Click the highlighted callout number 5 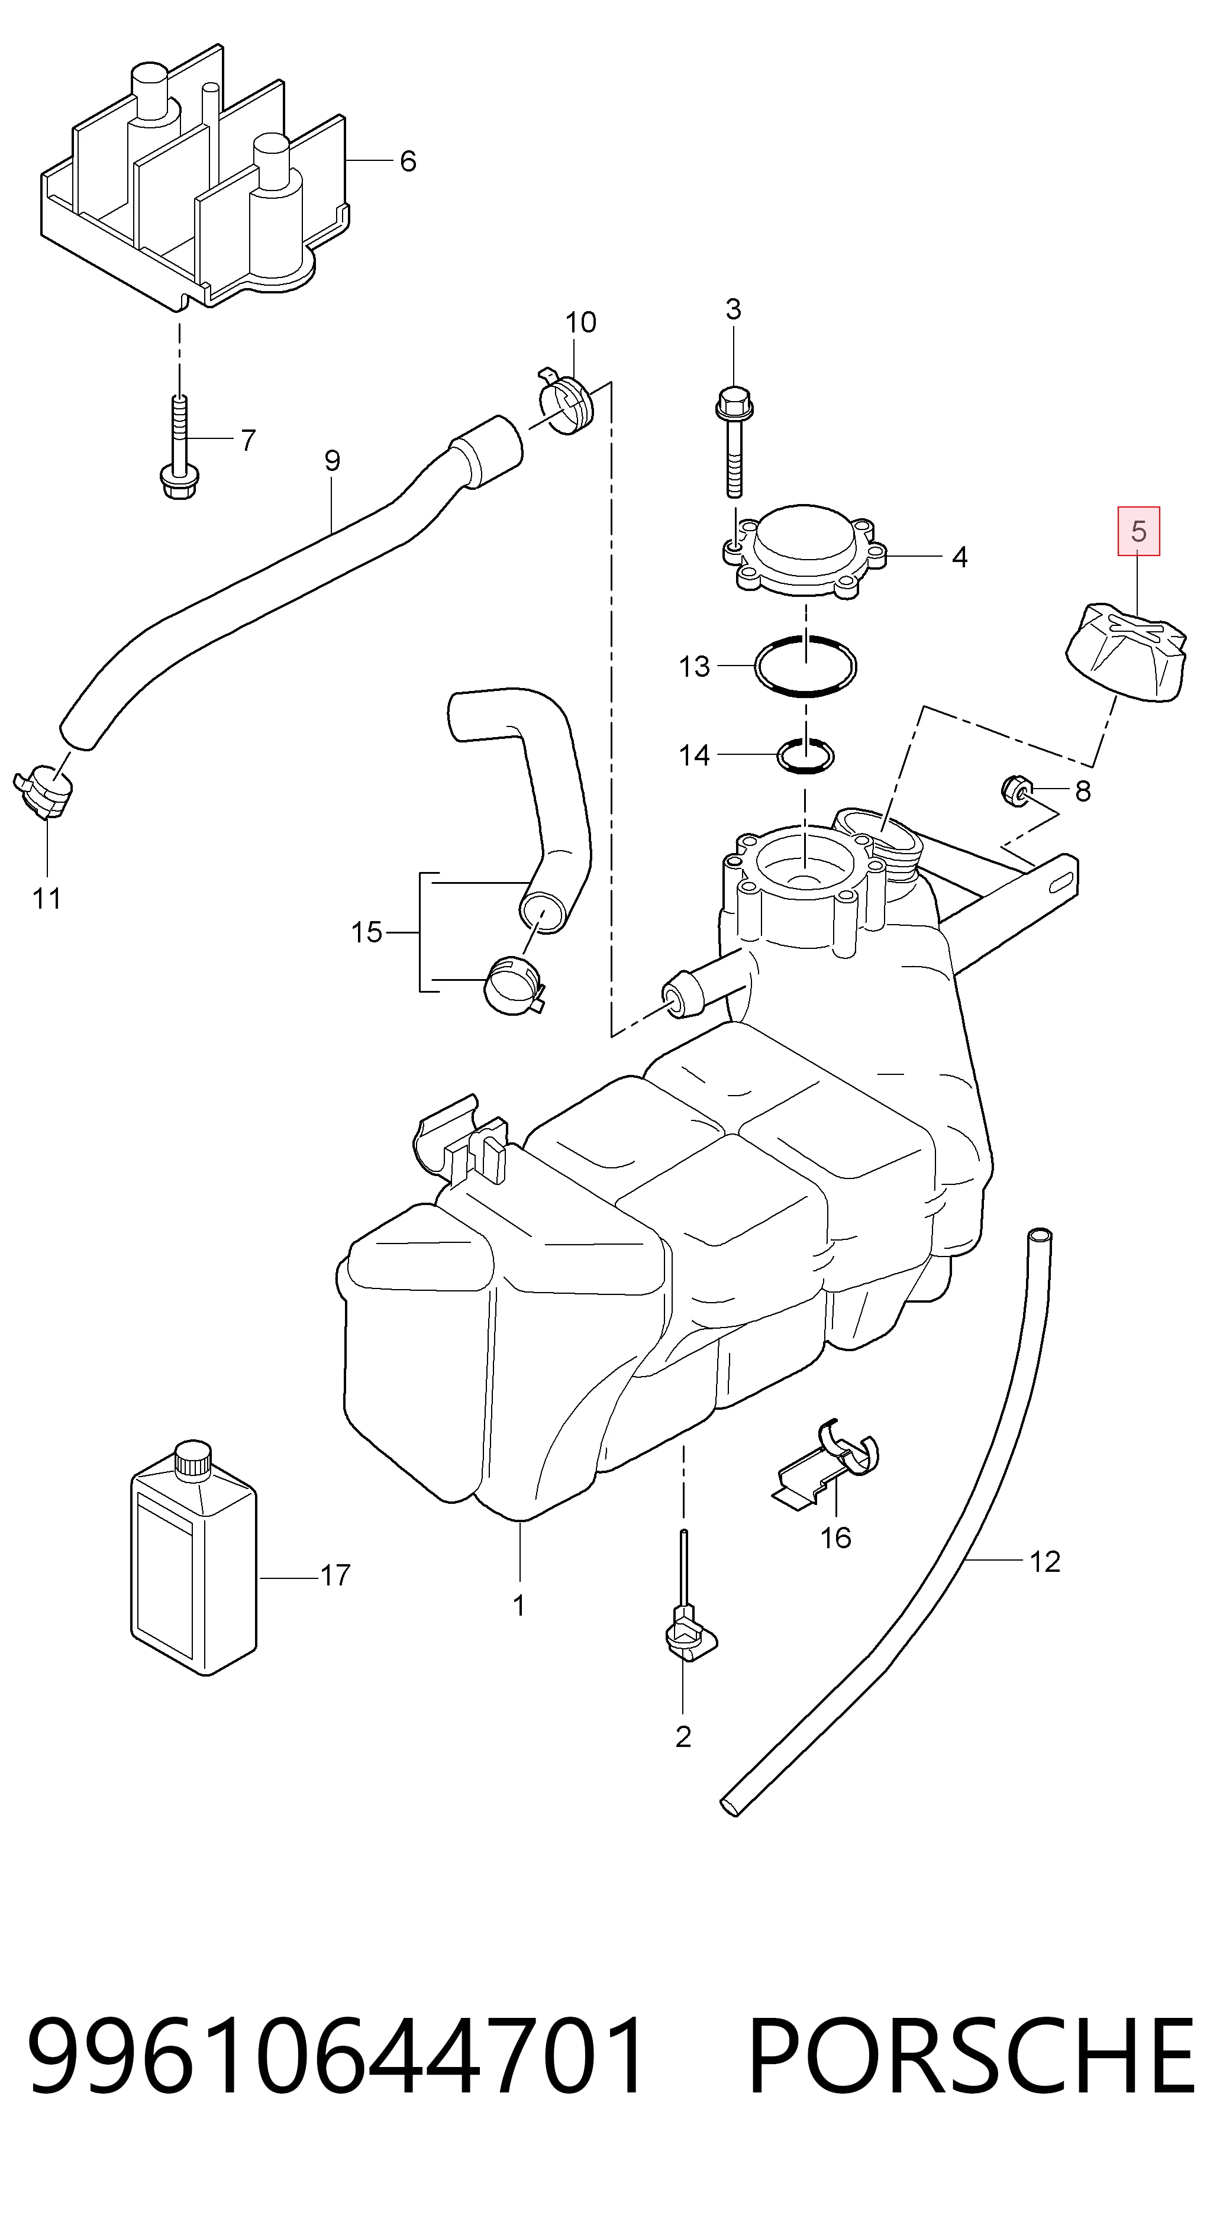coord(1138,531)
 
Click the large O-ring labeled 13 coord(805,665)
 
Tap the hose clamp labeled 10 coord(566,401)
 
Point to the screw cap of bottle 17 coord(192,1461)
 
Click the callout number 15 coord(367,932)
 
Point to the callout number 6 coord(408,162)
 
